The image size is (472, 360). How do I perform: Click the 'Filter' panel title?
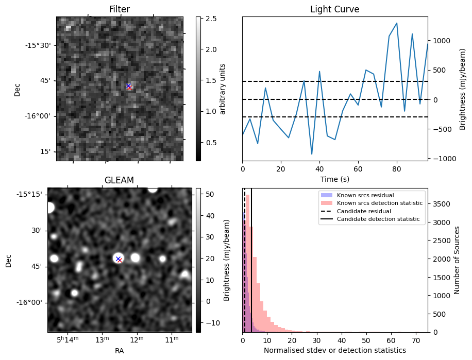pos(120,9)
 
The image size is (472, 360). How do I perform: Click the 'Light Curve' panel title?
pos(334,9)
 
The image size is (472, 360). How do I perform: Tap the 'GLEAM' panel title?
pos(119,180)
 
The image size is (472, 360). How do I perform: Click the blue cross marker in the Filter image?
pos(128,85)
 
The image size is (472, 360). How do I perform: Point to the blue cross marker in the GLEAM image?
pos(118,259)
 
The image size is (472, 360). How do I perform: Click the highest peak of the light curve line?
pos(397,23)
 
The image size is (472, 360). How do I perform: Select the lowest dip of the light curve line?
pos(312,154)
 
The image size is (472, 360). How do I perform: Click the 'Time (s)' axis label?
pos(334,178)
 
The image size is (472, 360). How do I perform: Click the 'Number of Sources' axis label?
pos(457,260)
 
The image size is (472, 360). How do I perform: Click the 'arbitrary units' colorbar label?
pos(223,89)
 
